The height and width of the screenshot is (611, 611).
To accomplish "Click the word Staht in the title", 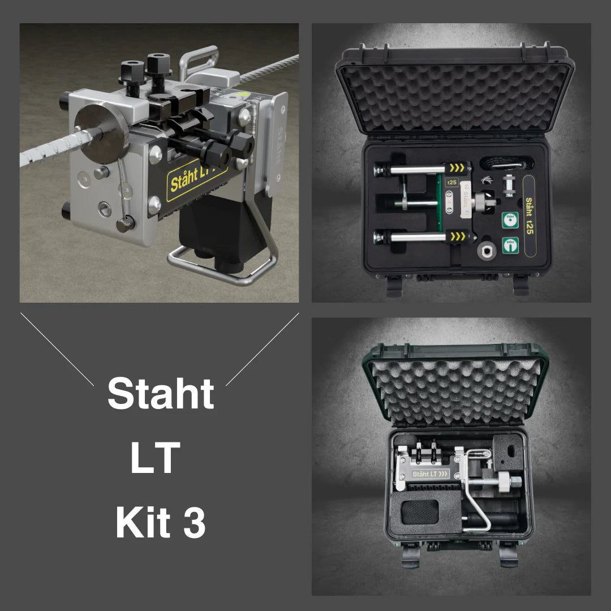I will pos(161,394).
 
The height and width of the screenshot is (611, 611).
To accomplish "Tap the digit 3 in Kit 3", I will pos(194,523).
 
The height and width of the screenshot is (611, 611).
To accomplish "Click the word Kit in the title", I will pos(143,523).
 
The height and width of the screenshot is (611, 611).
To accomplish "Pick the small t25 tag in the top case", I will pos(451,183).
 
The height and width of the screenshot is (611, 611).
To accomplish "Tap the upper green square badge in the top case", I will pos(511,220).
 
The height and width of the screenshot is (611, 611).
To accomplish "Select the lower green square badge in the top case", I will pos(511,245).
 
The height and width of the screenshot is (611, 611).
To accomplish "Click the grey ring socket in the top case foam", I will pos(486,251).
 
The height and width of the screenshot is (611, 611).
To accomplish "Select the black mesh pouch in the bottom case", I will pos(419,511).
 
